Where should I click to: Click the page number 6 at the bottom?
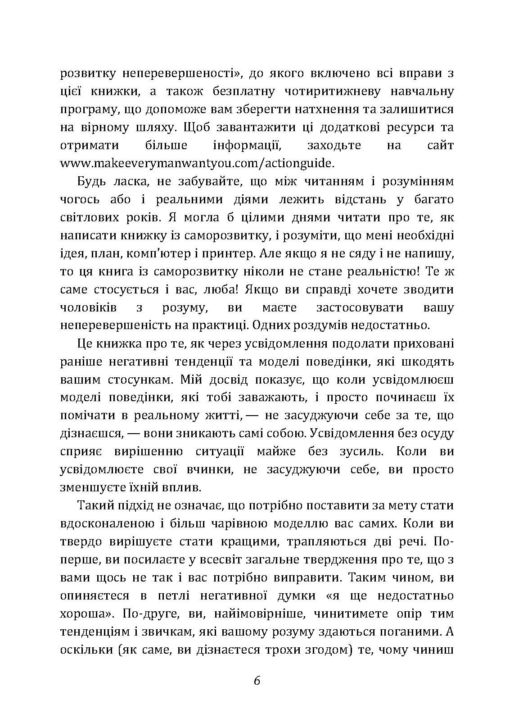(257, 681)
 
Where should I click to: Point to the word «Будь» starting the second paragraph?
(92, 181)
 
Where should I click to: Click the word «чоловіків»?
(88, 307)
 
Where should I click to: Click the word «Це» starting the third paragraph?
(85, 343)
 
